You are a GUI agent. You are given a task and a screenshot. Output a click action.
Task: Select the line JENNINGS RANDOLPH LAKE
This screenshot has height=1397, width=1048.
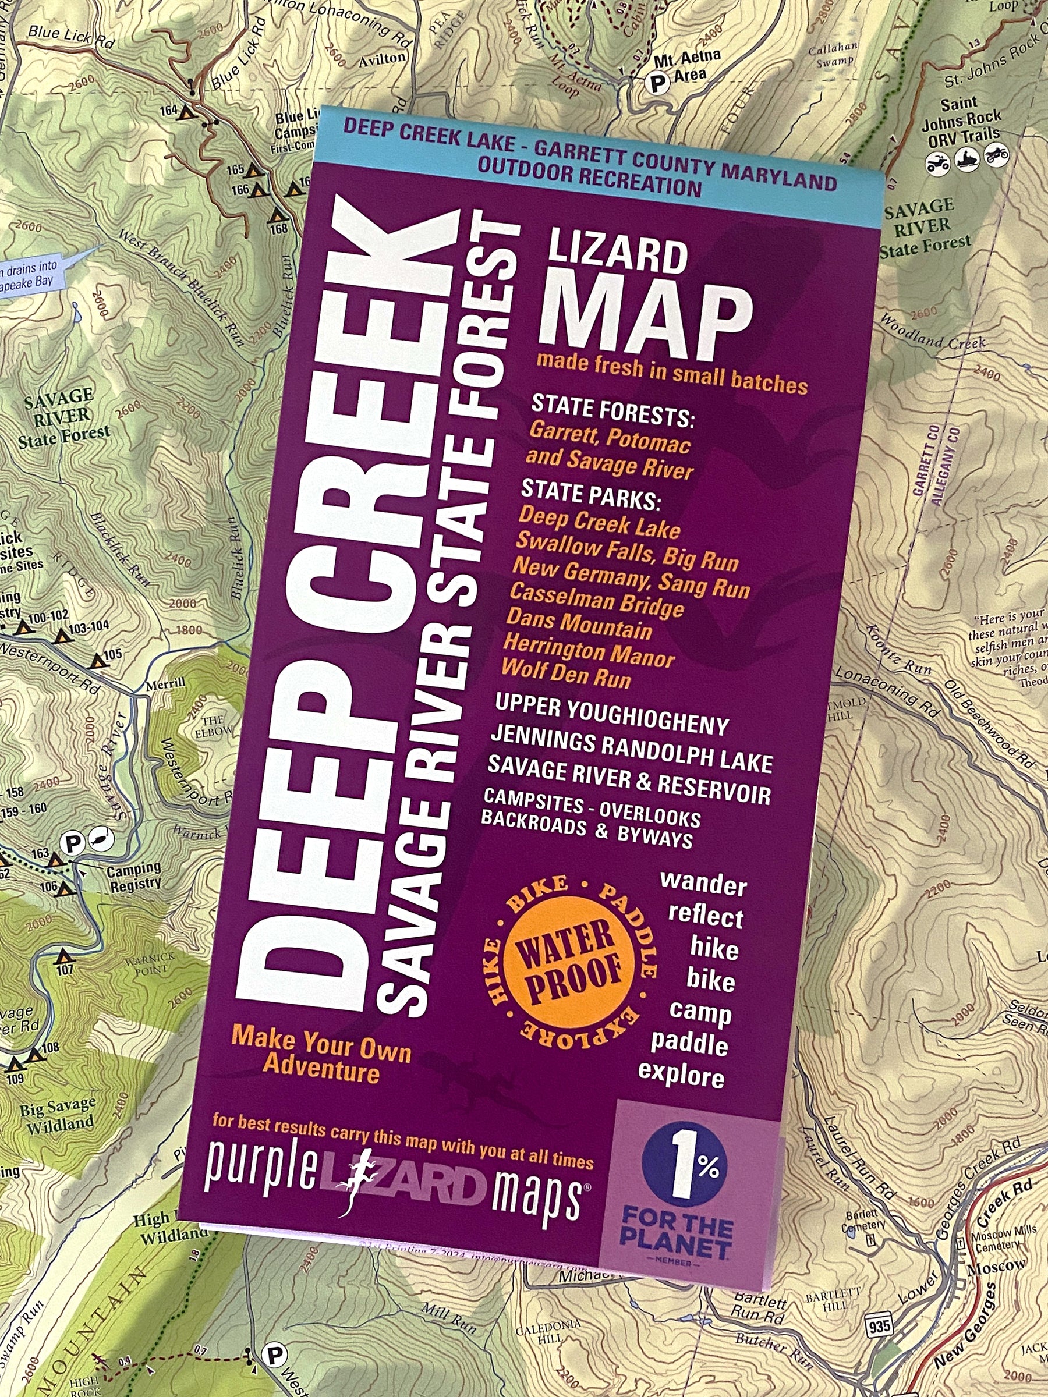pos(631,750)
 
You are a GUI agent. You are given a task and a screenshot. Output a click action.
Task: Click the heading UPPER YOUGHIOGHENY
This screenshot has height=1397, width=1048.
pos(611,715)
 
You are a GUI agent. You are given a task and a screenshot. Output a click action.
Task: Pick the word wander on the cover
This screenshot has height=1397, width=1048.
pos(703,884)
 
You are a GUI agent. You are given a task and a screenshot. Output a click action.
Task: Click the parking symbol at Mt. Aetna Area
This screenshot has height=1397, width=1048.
pos(659,81)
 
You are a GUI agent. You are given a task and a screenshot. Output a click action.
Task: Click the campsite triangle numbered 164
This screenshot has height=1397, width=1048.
pos(186,114)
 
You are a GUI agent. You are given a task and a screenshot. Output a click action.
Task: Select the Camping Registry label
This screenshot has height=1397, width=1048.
pos(133,877)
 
